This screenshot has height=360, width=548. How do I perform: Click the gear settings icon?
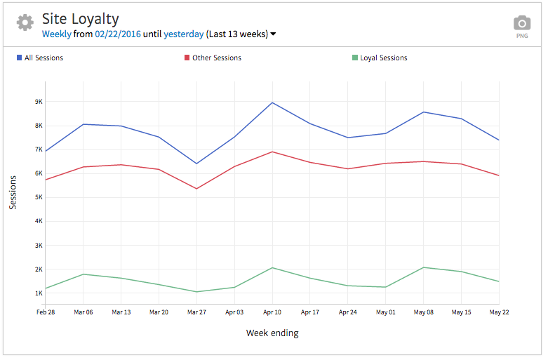pos(25,22)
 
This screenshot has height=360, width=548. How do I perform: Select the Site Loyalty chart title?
pos(80,19)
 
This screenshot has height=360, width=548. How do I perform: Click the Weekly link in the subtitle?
pos(56,34)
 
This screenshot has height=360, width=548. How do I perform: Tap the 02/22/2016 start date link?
pos(117,34)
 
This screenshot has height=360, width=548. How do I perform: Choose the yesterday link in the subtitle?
pos(183,34)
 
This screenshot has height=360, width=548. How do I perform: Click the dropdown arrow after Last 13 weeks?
pos(273,34)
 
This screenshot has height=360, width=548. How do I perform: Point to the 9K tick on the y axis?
pos(39,102)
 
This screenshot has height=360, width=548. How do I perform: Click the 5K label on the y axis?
pos(39,197)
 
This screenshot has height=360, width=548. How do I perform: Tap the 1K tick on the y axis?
pos(39,293)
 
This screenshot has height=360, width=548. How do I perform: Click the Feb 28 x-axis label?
pos(46,312)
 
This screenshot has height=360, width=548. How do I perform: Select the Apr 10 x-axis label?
pos(272,312)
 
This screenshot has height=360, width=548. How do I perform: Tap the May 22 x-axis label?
pos(498,312)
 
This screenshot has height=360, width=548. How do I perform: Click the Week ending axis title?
pos(272,333)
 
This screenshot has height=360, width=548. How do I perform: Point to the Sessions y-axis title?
pos(13,192)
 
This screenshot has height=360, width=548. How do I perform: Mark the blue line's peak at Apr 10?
pos(272,102)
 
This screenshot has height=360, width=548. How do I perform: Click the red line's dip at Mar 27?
pos(196,189)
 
